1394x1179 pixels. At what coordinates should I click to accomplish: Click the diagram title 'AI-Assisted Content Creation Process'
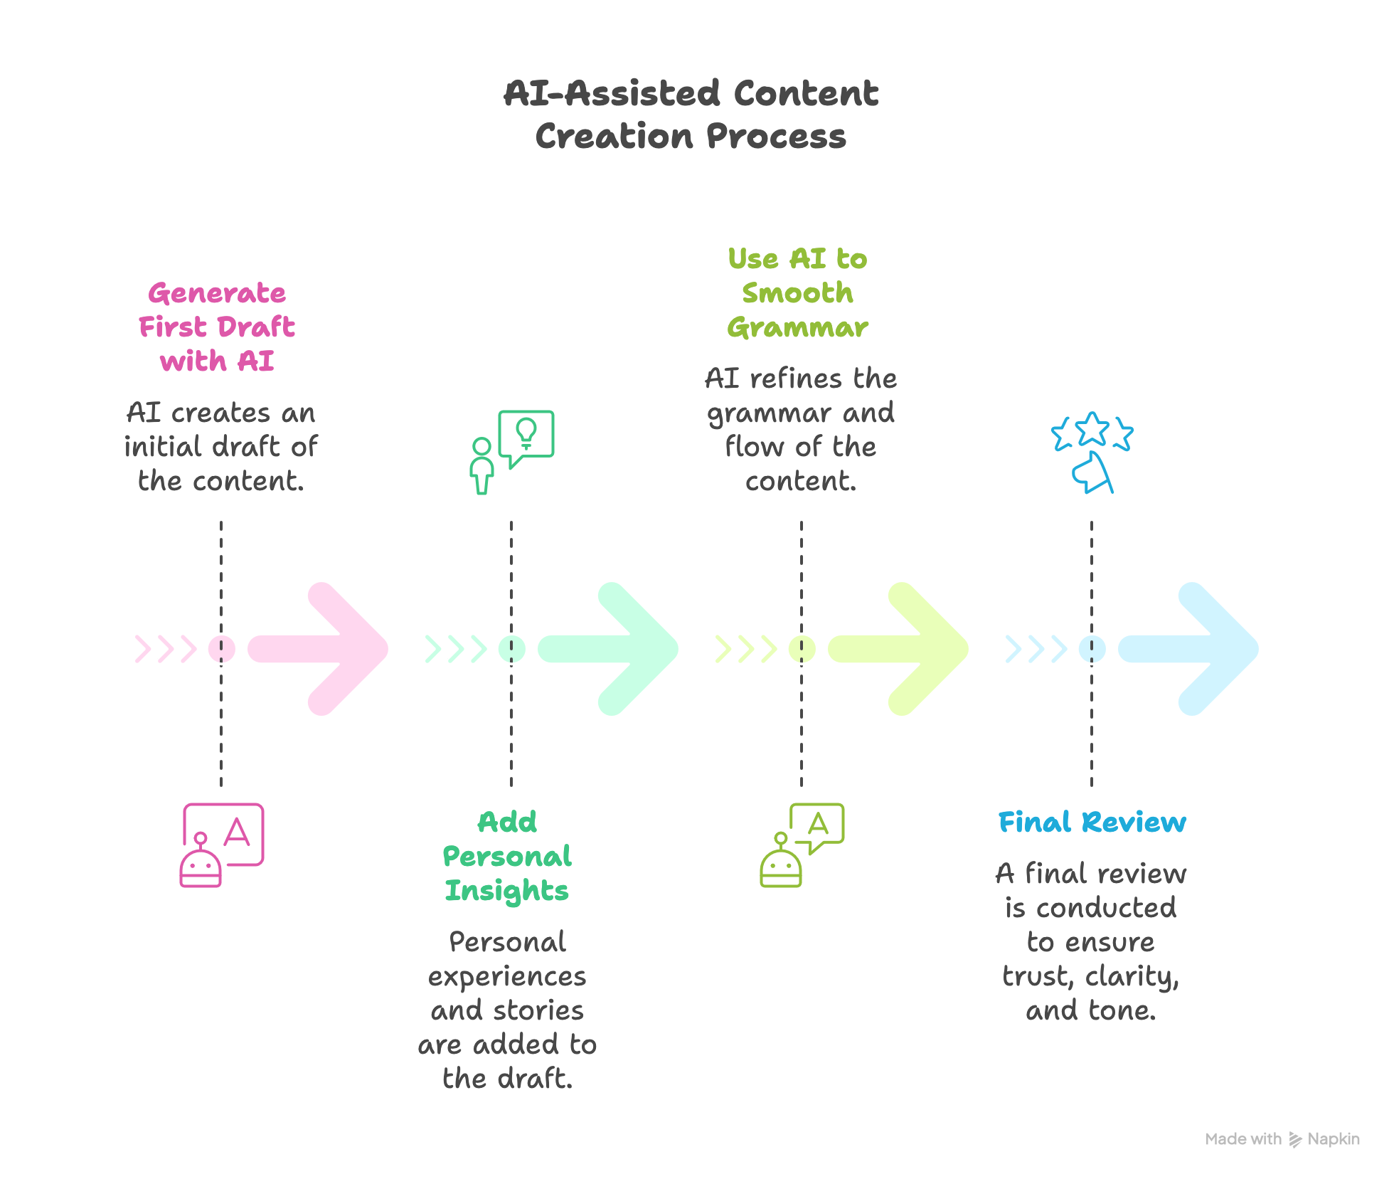point(691,114)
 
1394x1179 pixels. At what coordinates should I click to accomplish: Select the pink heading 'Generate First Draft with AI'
point(217,327)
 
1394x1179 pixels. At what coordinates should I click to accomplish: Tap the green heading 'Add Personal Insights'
point(507,856)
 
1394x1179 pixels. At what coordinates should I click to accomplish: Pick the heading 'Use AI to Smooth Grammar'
point(797,292)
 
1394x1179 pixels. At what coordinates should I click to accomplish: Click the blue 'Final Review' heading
point(1092,822)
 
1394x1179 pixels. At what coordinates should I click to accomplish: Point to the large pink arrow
point(327,649)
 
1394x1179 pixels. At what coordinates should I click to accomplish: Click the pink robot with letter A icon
point(221,845)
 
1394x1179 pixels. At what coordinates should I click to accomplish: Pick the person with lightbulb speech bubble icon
point(511,452)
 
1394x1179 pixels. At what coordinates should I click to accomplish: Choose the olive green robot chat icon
point(802,845)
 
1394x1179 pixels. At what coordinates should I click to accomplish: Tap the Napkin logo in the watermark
point(1295,1139)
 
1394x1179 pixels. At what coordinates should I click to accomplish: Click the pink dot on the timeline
point(221,649)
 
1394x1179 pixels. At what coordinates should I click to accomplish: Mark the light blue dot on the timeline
point(1092,649)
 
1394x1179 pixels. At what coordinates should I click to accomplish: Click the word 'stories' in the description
point(538,1010)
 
